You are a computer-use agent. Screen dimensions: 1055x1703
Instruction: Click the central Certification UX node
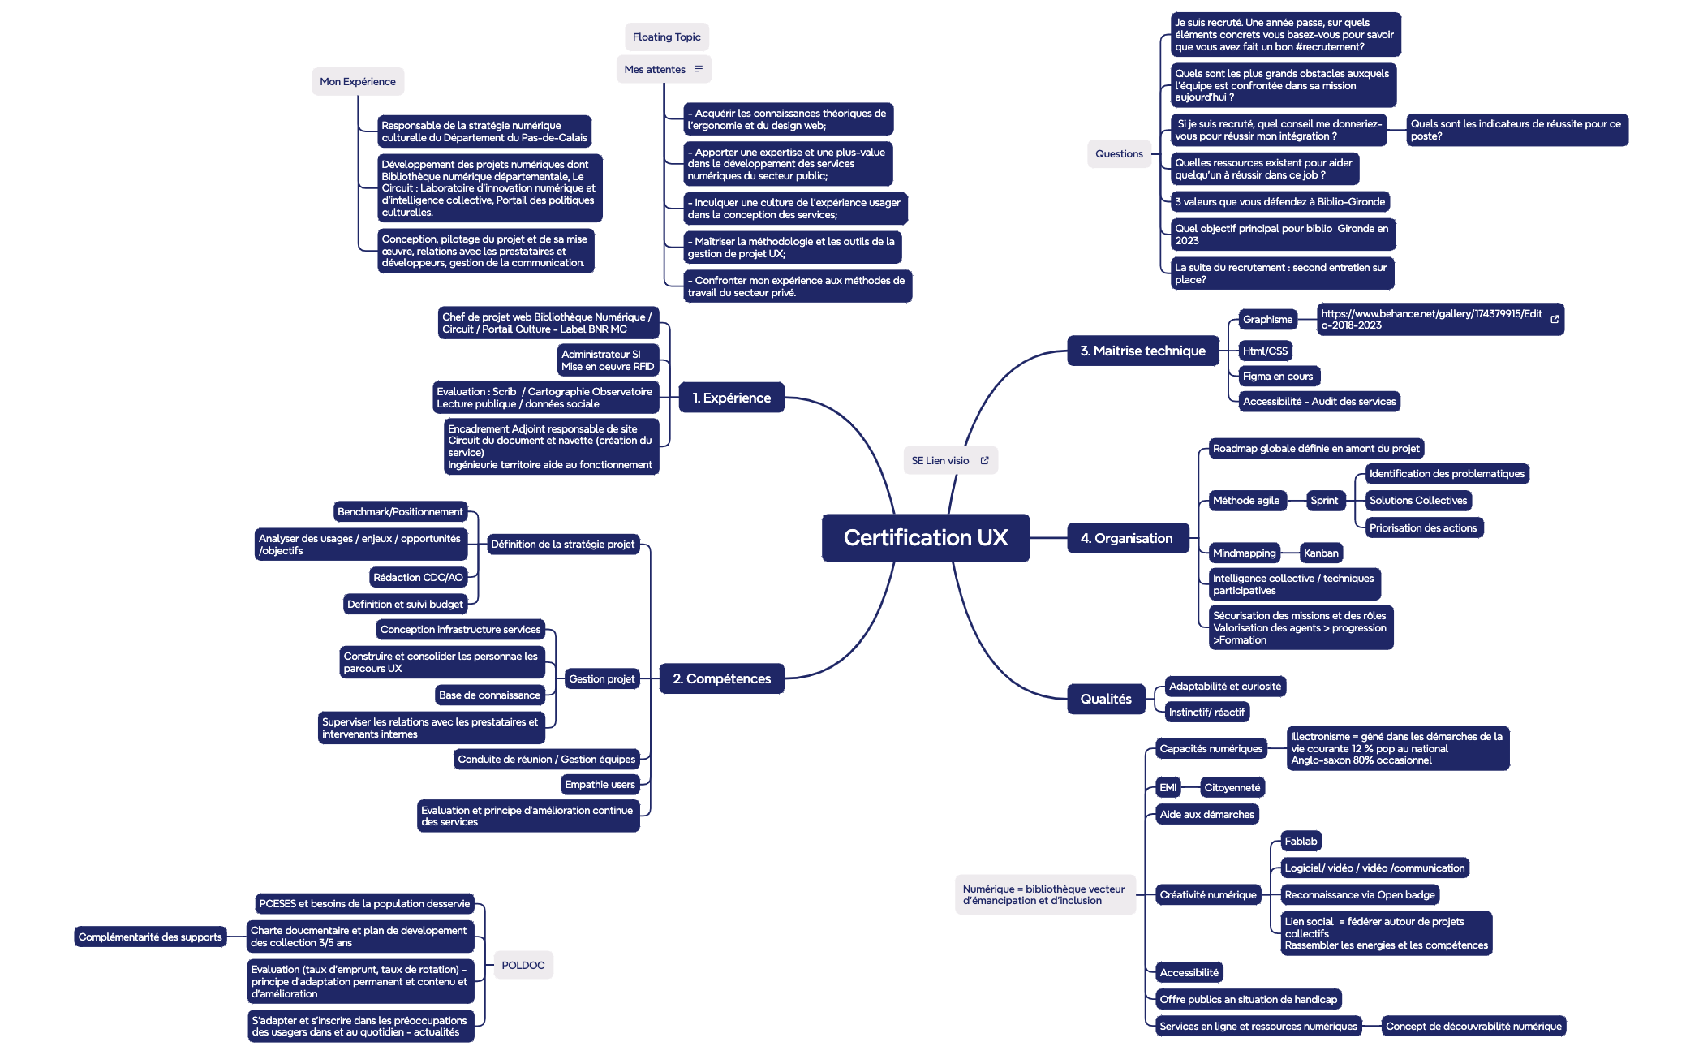926,537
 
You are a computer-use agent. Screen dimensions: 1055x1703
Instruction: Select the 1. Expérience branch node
731,398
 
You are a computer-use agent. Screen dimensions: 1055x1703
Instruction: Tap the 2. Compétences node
721,678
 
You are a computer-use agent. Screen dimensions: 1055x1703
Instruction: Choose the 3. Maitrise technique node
1142,351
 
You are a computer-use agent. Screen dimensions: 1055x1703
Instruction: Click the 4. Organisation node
1126,538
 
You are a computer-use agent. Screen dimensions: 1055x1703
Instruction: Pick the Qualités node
1105,699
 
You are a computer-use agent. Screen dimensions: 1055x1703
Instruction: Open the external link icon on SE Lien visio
985,460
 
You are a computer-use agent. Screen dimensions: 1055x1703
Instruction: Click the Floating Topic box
666,37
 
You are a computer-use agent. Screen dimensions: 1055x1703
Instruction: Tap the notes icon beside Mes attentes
699,69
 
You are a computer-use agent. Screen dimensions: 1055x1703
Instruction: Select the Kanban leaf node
1321,553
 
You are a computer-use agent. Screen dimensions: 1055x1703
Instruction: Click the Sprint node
1324,500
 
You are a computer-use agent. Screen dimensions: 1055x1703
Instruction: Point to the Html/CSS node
1265,351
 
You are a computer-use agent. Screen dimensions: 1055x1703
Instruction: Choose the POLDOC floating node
523,965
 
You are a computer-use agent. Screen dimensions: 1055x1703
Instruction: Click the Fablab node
1301,841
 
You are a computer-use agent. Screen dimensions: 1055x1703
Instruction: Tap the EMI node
1168,787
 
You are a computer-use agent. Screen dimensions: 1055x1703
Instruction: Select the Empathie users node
600,784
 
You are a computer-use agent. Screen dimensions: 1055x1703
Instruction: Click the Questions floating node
1119,153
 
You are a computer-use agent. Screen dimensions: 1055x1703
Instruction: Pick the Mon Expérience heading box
357,81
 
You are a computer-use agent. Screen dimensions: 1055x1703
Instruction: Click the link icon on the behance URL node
1555,319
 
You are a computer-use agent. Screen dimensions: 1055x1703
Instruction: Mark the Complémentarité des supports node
150,937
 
